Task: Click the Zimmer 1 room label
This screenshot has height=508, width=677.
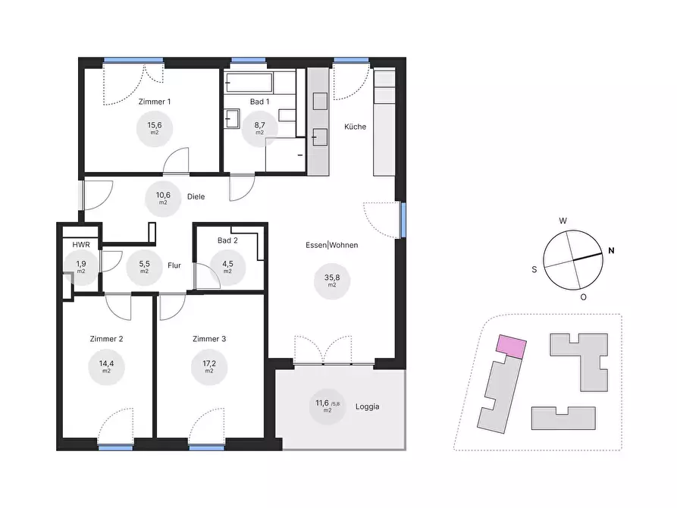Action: point(155,102)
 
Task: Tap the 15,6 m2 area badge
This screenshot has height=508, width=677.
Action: point(155,128)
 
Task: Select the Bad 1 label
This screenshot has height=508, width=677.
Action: point(259,102)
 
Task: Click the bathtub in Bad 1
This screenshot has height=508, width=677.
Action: point(249,83)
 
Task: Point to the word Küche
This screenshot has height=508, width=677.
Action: point(355,127)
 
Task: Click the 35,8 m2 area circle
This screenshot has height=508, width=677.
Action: point(332,281)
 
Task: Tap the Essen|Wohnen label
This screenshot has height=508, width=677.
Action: point(331,245)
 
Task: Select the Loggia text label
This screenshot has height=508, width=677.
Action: point(368,406)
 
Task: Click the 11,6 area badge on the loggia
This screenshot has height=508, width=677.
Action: point(328,406)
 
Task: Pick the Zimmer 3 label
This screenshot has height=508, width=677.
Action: point(209,339)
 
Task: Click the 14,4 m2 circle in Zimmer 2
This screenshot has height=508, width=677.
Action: point(106,367)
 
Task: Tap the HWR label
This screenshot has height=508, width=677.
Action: point(81,244)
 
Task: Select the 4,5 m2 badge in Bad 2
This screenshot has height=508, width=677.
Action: point(227,267)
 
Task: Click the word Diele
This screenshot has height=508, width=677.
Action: point(196,196)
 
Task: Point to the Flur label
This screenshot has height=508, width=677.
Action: point(174,265)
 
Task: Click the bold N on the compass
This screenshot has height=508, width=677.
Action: point(611,250)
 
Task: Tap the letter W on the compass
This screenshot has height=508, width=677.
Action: point(563,221)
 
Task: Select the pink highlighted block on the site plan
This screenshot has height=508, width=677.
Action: point(512,347)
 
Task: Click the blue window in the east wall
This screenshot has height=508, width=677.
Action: point(403,220)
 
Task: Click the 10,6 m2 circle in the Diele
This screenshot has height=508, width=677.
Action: point(163,199)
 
